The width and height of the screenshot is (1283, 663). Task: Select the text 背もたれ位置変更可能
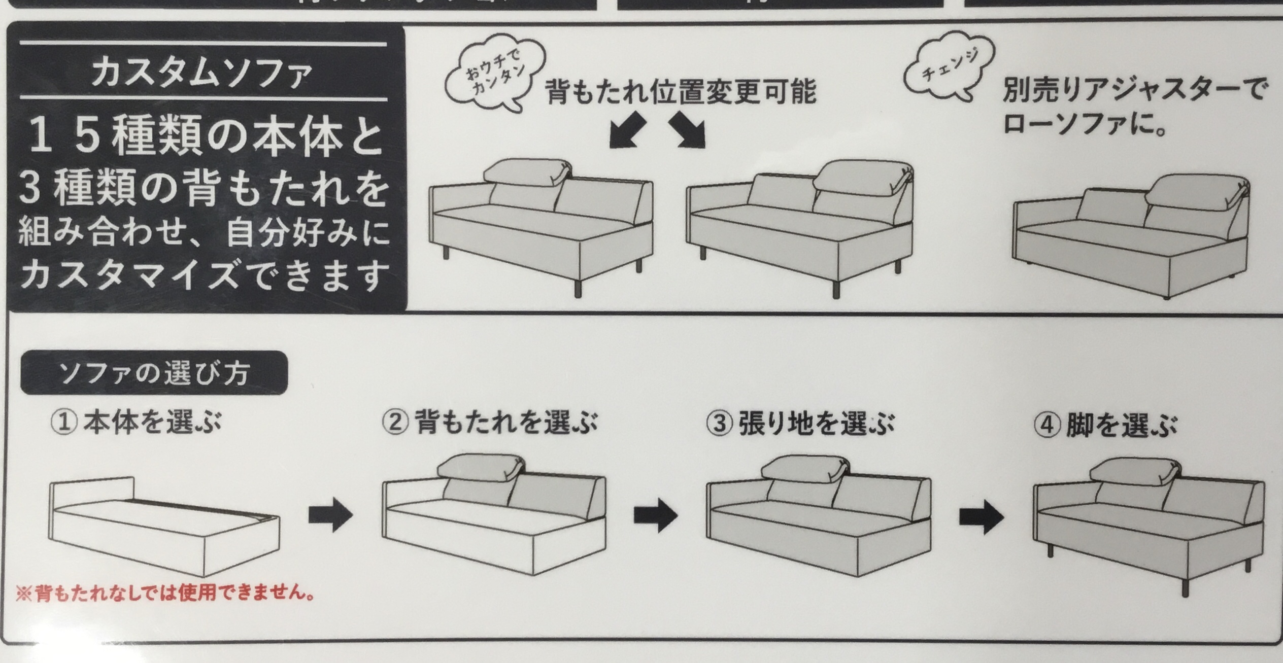coord(681,92)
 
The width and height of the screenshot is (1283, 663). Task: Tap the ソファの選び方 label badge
coord(154,373)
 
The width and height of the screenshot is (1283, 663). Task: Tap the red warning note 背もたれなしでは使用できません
coord(165,593)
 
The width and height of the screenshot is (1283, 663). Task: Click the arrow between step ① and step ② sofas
coord(331,515)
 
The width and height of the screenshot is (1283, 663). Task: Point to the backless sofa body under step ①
coord(164,528)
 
